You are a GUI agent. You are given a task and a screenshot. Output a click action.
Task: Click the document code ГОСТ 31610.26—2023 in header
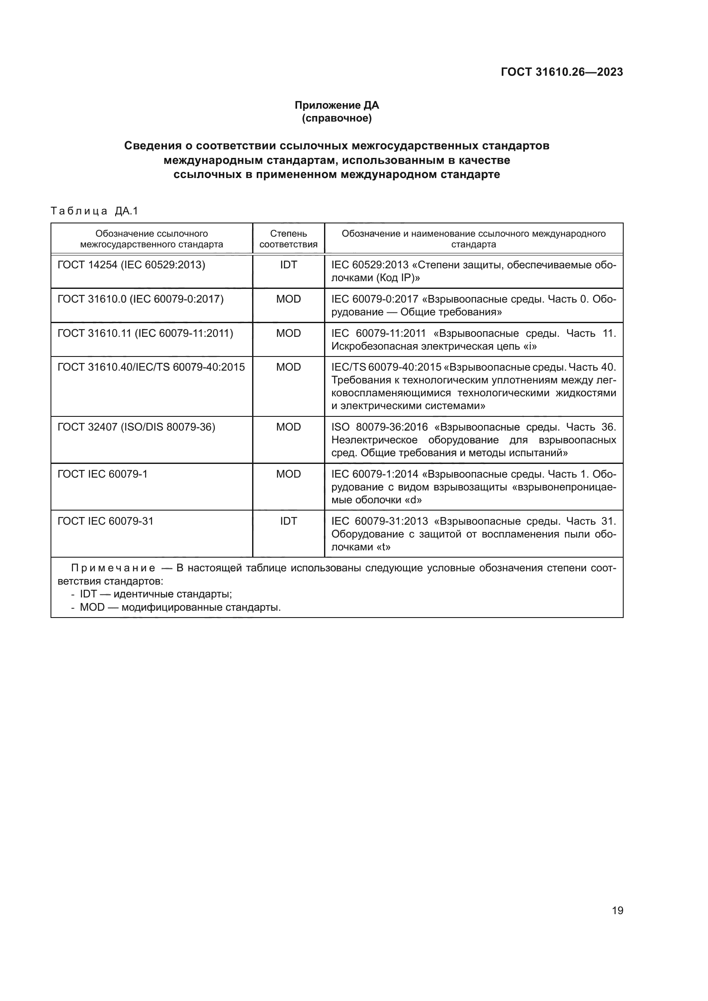coord(562,72)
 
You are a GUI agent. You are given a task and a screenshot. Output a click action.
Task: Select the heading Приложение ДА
coord(336,105)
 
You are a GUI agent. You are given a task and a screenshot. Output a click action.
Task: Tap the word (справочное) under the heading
coord(336,118)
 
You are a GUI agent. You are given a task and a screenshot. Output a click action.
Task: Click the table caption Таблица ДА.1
coord(94,211)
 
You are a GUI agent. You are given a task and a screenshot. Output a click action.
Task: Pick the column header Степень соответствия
coord(288,239)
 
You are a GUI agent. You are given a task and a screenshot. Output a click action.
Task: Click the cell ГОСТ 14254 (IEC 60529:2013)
coord(131,264)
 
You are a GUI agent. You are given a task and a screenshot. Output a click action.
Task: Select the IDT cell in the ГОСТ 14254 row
coord(288,264)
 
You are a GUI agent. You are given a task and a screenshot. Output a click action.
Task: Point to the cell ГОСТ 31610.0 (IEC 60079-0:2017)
coord(140,299)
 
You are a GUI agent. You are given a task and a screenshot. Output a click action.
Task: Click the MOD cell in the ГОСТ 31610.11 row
coord(288,333)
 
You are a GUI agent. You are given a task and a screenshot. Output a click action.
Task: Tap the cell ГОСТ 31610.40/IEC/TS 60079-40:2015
coord(151,367)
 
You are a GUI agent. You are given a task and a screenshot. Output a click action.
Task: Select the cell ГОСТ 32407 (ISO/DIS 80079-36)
coord(136,427)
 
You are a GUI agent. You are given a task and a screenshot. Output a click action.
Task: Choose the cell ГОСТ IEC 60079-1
coord(102,474)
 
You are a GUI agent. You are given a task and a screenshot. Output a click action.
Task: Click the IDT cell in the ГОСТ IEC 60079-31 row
coord(288,521)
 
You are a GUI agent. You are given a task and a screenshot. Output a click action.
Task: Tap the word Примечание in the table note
coord(113,568)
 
